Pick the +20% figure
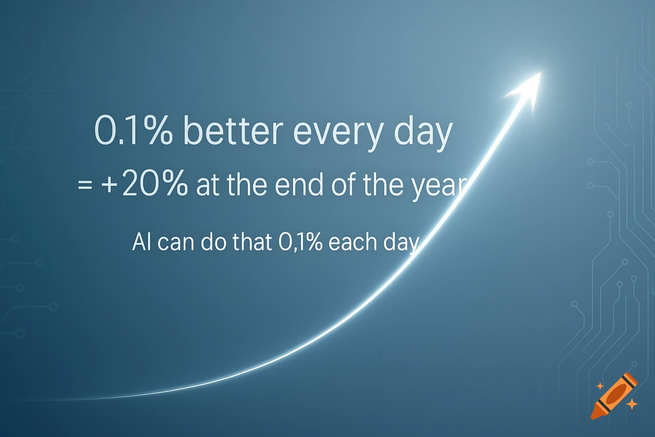[x=144, y=184]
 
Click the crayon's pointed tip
[x=593, y=416]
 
